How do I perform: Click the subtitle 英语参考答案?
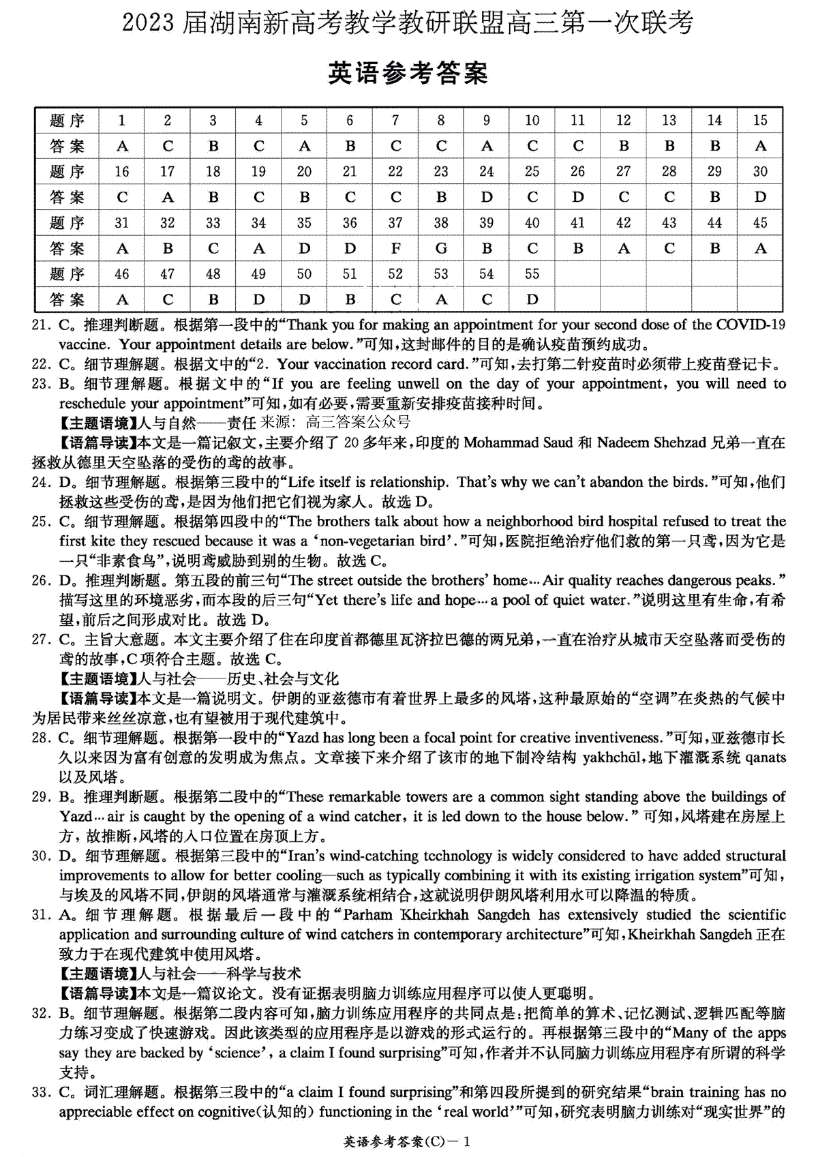pos(408,73)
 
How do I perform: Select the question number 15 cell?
pos(759,121)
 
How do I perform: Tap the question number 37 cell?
pos(395,223)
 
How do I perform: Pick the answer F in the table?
pos(395,249)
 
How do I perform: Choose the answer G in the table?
pos(440,249)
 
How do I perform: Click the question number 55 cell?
pos(532,274)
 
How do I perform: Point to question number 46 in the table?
pos(122,274)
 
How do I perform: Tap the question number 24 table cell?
pos(486,172)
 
